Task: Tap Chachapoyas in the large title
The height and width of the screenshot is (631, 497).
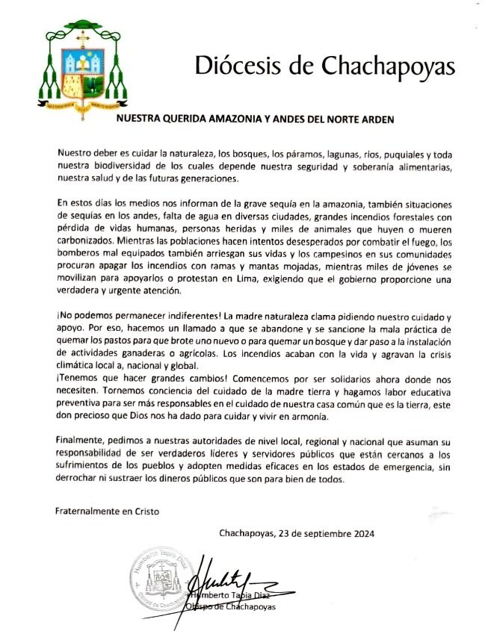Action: [388, 66]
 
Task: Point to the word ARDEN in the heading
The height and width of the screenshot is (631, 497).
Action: [375, 118]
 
